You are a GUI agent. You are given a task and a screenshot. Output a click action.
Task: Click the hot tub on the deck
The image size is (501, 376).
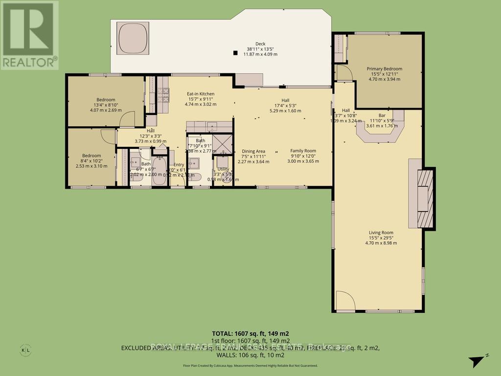click(x=132, y=39)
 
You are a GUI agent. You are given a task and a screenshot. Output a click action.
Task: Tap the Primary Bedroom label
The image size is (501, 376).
click(x=385, y=69)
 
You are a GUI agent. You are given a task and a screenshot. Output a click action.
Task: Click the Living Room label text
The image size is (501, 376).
click(x=381, y=233)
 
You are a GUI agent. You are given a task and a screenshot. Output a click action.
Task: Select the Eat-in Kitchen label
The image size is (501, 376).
click(x=201, y=94)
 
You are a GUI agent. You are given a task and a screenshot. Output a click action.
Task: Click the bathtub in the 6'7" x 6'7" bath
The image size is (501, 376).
click(x=159, y=171)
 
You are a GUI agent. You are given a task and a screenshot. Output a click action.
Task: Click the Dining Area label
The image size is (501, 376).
click(x=253, y=151)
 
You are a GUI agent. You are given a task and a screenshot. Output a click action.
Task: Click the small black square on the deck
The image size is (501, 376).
click(x=235, y=53)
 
